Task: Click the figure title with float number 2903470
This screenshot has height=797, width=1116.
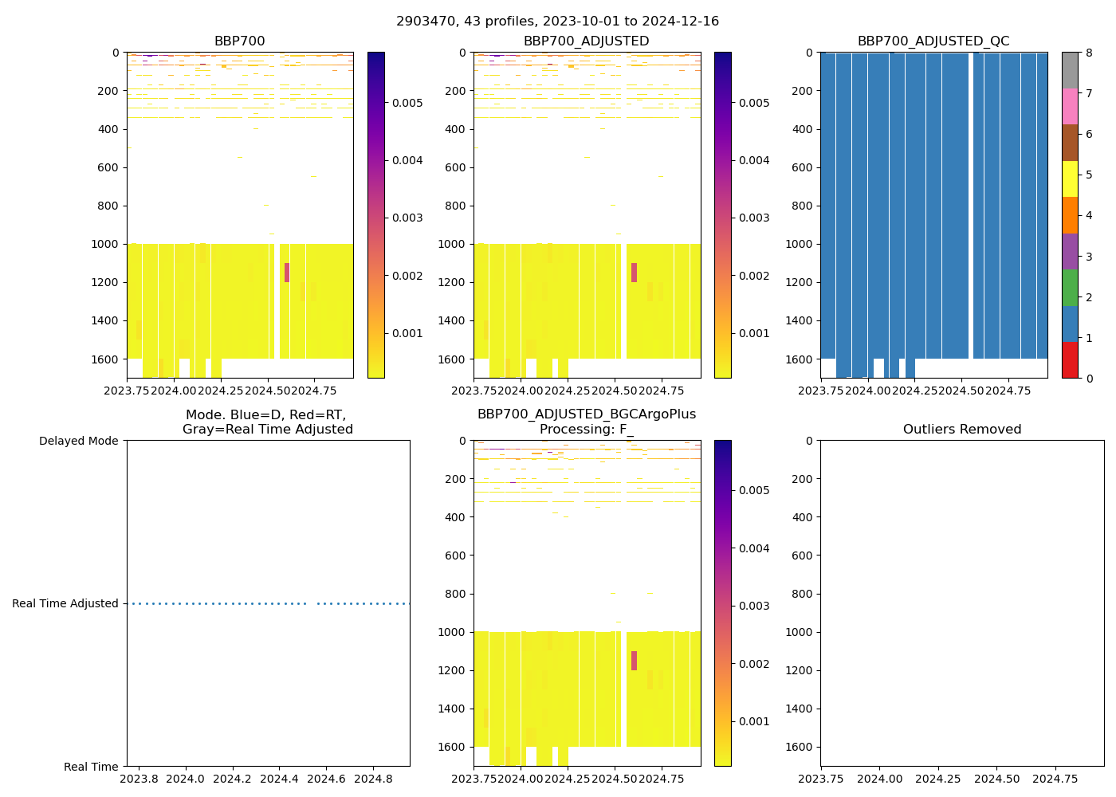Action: [x=557, y=22]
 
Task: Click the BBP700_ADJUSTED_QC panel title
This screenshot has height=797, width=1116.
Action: [x=933, y=41]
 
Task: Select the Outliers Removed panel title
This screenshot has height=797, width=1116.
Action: [x=961, y=430]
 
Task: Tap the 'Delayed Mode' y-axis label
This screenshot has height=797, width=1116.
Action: [x=78, y=441]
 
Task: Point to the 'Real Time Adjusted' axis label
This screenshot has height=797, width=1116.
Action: [x=65, y=603]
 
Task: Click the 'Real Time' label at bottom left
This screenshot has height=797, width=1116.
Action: [x=91, y=767]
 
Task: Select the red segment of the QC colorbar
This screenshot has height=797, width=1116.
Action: [x=1070, y=360]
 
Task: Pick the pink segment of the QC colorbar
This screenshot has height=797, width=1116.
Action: [x=1070, y=106]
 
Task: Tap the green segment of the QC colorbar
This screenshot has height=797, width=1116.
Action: [x=1070, y=287]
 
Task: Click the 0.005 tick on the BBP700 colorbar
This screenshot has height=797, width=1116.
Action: [x=407, y=103]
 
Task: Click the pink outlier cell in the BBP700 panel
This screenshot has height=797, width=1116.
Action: [x=287, y=273]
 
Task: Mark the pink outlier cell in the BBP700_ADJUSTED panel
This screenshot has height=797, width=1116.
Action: [x=634, y=273]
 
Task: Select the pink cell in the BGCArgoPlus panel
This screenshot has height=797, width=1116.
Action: [x=634, y=661]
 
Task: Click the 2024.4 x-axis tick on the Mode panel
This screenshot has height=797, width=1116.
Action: [x=279, y=778]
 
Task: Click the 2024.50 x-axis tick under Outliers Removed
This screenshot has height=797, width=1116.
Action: [x=997, y=778]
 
